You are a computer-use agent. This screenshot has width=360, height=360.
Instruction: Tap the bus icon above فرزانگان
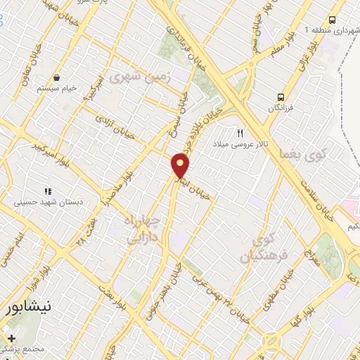281,97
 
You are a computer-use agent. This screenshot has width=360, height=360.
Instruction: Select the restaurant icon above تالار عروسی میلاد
240,133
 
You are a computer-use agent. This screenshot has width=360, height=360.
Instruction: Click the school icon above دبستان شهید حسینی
48,191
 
